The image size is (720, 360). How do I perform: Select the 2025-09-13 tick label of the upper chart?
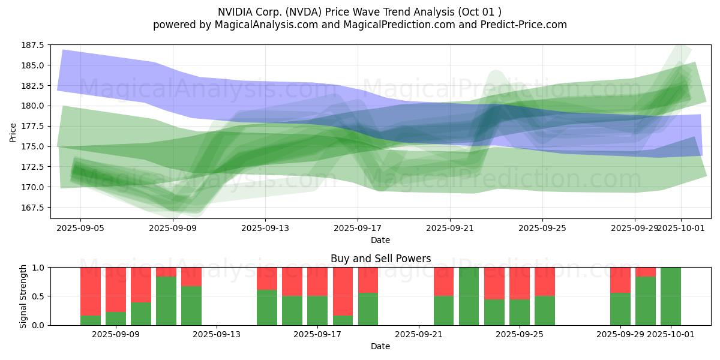tap(265, 228)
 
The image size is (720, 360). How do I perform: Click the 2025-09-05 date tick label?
tap(80, 228)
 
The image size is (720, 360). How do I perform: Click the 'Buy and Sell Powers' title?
tap(380, 259)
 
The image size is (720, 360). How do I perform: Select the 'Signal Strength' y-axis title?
tap(23, 296)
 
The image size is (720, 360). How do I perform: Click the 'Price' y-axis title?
tap(13, 132)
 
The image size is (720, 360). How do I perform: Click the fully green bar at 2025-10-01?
tap(671, 296)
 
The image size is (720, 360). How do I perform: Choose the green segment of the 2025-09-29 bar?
tap(620, 309)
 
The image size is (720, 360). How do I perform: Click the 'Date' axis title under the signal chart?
tap(380, 346)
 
